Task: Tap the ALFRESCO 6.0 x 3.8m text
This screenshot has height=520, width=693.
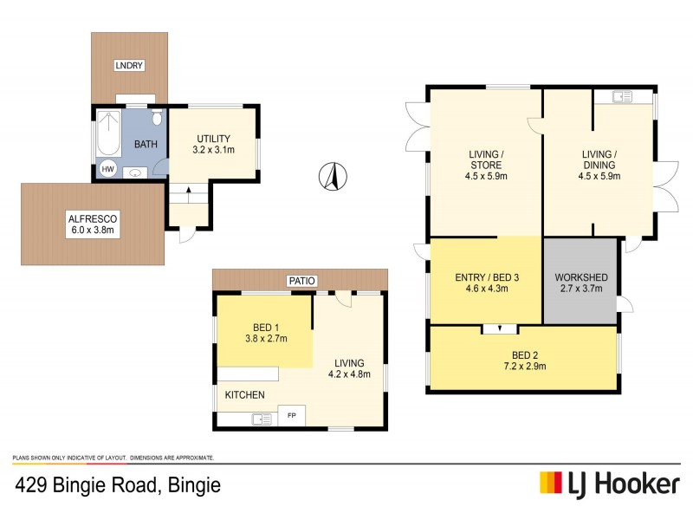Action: (x=91, y=225)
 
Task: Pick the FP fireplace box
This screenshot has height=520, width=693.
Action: (x=291, y=418)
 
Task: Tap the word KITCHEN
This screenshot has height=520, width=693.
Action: (x=245, y=395)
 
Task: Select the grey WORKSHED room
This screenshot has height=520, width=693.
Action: (x=580, y=283)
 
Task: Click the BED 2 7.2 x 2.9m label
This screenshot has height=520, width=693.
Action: (x=521, y=360)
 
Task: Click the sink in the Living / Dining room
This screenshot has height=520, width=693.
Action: (x=622, y=97)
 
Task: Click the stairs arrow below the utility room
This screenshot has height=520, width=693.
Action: (x=188, y=192)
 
